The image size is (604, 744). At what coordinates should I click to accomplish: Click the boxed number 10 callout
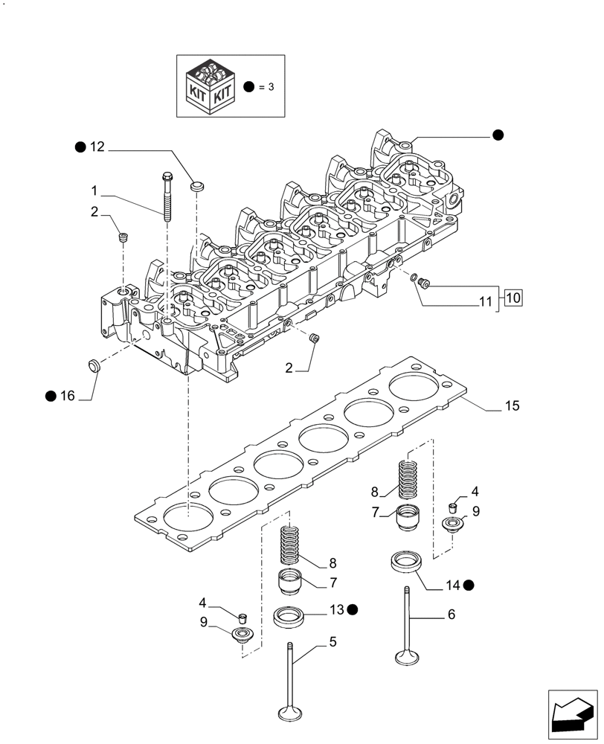[513, 298]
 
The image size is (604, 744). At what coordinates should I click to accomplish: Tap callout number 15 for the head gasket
[512, 406]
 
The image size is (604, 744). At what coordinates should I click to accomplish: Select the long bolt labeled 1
[164, 196]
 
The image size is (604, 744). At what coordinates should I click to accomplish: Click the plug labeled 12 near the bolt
[197, 184]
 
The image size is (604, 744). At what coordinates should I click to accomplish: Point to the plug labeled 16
[94, 365]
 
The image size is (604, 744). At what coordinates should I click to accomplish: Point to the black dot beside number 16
[50, 396]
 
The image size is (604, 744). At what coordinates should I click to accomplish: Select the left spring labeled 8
[292, 545]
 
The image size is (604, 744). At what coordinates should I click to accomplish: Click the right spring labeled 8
[407, 479]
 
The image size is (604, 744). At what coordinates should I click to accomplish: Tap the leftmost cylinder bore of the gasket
[188, 518]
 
